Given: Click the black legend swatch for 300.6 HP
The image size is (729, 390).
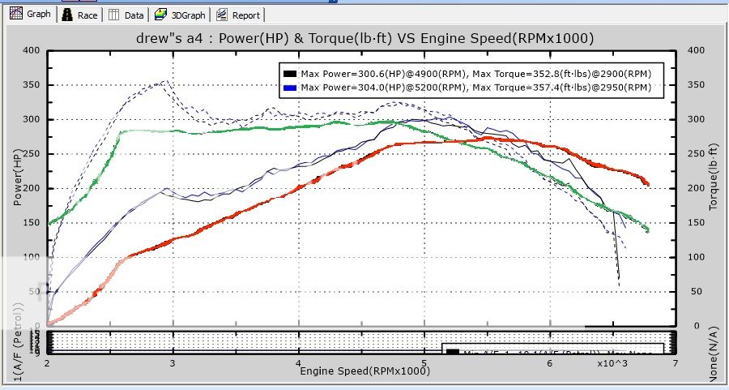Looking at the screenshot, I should [x=288, y=73].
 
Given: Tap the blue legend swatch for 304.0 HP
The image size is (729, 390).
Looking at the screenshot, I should [x=288, y=87].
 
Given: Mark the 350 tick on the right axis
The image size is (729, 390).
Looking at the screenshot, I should [x=695, y=85].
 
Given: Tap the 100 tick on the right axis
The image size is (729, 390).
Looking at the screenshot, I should [x=695, y=257].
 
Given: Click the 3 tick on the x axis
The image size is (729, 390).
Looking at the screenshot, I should [x=173, y=366].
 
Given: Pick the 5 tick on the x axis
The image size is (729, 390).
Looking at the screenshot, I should [x=424, y=366].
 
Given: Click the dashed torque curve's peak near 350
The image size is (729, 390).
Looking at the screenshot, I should [x=165, y=81].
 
